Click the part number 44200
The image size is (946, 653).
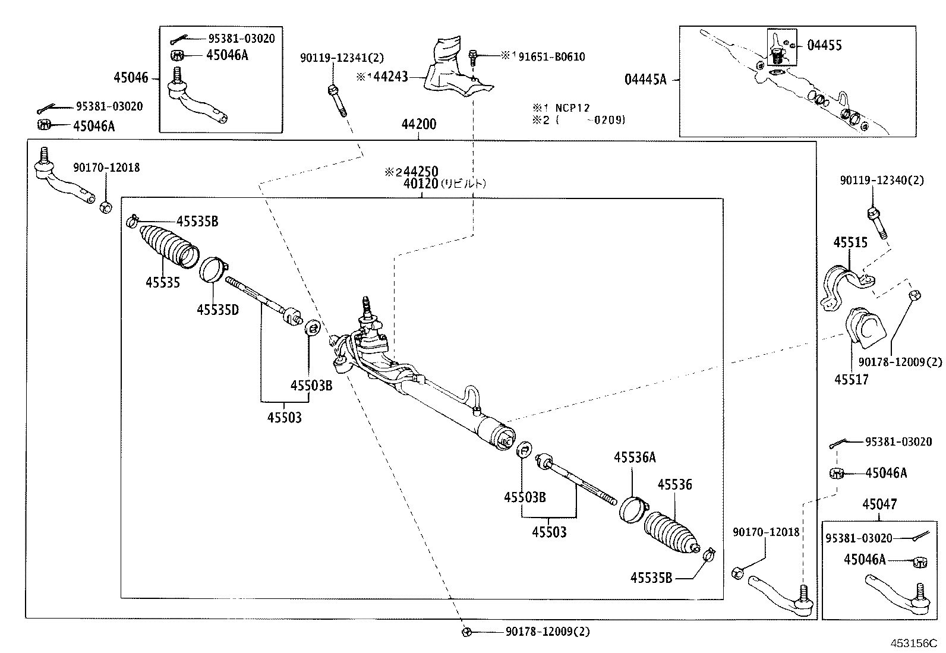(x=418, y=125)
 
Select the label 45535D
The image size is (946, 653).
(x=217, y=310)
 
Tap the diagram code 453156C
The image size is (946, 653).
(x=913, y=643)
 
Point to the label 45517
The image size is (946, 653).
(x=851, y=380)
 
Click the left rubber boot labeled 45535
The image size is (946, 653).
(x=168, y=245)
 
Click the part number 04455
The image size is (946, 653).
(x=824, y=45)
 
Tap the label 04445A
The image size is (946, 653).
(x=645, y=79)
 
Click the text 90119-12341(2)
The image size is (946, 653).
(x=342, y=58)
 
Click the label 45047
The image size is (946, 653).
(x=879, y=504)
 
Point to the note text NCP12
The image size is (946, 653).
(x=572, y=108)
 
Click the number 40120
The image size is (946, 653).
(x=420, y=184)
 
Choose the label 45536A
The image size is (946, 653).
(x=635, y=457)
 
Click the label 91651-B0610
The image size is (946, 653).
(x=551, y=57)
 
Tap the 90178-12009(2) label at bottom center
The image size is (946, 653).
(x=548, y=632)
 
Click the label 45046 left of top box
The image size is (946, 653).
(x=131, y=78)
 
